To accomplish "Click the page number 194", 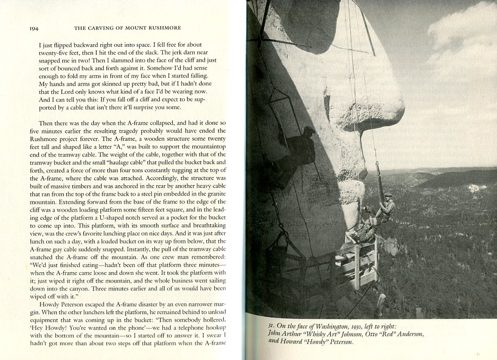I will pos(34,28).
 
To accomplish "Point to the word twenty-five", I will pos(55,53).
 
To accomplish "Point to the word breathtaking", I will pos(201,226).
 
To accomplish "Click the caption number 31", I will pos(271,325).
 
